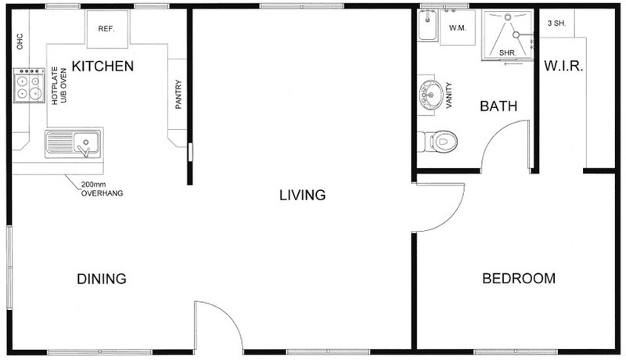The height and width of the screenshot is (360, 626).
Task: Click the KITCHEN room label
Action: (103, 67)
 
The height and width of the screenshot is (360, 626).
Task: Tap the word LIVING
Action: (302, 195)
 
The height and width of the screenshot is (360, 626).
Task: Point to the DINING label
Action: (102, 279)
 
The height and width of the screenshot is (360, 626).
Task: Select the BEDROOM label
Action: (519, 278)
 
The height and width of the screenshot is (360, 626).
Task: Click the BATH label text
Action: (498, 106)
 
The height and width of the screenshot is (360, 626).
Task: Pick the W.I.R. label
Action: (563, 67)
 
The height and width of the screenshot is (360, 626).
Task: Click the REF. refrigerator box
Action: (108, 27)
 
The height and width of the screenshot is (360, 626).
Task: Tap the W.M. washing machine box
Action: (458, 27)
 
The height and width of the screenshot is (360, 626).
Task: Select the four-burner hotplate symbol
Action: (29, 85)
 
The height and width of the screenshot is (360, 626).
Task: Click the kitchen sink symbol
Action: (73, 143)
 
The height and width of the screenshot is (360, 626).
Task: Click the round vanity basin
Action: (430, 95)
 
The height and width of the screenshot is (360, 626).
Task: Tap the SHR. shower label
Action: (508, 52)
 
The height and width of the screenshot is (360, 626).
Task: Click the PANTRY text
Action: (178, 94)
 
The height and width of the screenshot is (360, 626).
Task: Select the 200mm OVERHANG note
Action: (102, 189)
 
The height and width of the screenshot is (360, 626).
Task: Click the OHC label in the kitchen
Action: (20, 41)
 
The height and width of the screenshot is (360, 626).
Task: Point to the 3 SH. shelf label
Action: (556, 23)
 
